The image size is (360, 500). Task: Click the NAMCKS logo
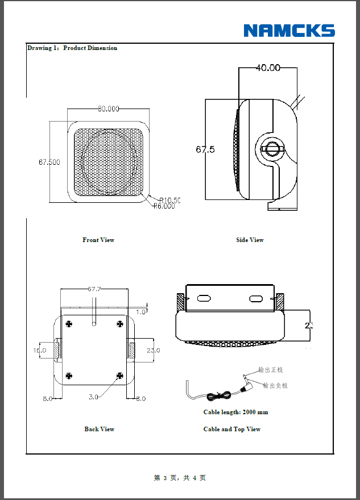tap(289, 31)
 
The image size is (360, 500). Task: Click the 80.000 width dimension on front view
tap(109, 109)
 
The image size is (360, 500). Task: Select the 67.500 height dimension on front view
tap(49, 162)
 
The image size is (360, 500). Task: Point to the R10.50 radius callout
tap(169, 199)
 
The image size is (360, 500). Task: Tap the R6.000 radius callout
tap(164, 206)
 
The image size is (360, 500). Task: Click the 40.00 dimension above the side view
tap(268, 68)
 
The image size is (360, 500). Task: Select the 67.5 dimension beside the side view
tap(205, 149)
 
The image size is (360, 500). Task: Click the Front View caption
tap(98, 240)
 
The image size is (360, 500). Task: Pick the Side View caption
tap(250, 240)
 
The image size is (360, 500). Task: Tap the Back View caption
tap(100, 429)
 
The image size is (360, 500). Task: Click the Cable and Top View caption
tap(232, 429)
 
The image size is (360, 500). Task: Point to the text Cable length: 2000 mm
tap(235, 412)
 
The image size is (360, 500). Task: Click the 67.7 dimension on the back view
tap(94, 289)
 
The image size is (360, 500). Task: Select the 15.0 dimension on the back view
tap(39, 351)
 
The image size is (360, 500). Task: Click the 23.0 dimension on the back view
tap(154, 351)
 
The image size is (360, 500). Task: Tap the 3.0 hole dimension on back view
tap(93, 396)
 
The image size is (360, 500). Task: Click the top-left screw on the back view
tap(69, 324)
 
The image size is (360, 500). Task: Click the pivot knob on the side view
tap(271, 149)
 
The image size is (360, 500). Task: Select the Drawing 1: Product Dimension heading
tap(72, 48)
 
